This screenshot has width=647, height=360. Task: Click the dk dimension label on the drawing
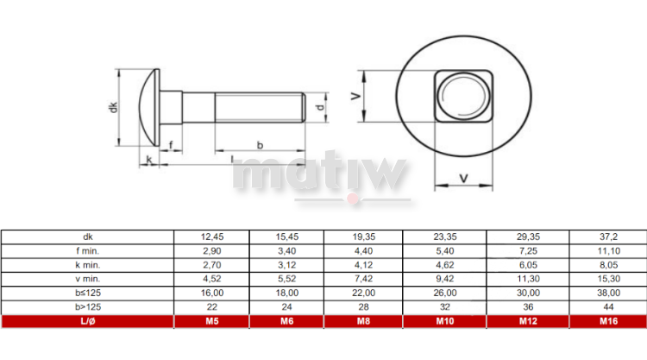point(112,107)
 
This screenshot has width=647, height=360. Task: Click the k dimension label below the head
point(149,159)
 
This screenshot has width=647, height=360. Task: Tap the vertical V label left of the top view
point(355,98)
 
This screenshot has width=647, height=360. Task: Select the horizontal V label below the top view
point(464,178)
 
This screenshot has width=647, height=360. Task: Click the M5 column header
point(211,322)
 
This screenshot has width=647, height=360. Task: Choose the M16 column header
point(607,322)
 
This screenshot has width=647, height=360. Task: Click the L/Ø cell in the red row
point(87,322)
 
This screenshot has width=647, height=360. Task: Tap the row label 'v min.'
point(87,278)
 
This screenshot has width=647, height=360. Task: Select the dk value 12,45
point(211,236)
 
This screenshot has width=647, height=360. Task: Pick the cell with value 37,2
point(607,236)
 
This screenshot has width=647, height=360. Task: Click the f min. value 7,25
point(528,250)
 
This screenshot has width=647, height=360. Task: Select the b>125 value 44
point(607,306)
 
